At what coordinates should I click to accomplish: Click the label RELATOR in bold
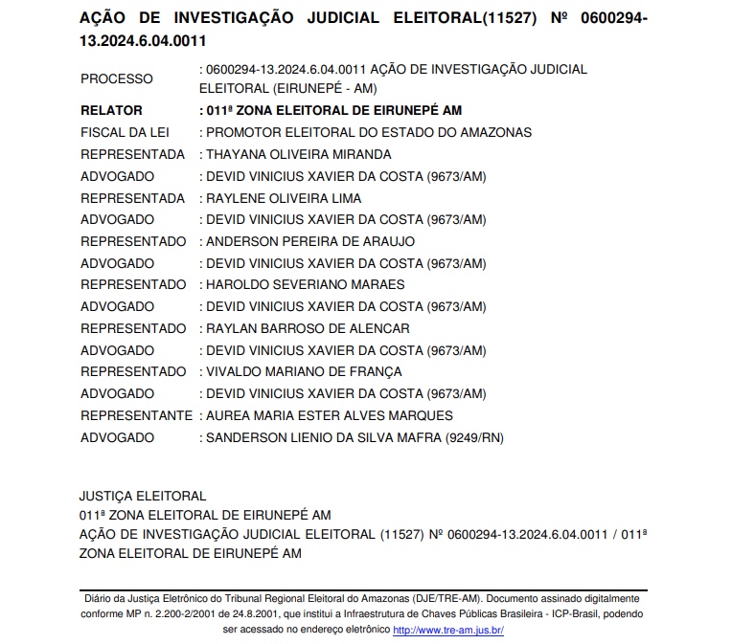[x=111, y=110]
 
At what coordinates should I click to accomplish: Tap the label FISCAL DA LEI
[x=125, y=132]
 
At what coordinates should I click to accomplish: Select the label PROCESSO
[x=116, y=78]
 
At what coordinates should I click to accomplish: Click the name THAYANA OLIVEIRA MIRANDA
[x=299, y=154]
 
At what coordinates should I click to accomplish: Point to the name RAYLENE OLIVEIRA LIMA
[x=284, y=198]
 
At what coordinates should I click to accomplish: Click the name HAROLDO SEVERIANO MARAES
[x=305, y=284]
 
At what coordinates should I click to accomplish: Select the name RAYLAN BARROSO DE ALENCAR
[x=308, y=328]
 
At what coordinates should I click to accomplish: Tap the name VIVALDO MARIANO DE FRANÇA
[x=304, y=371]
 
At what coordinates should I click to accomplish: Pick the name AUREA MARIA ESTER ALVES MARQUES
[x=330, y=415]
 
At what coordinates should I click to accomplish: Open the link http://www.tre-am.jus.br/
[x=448, y=630]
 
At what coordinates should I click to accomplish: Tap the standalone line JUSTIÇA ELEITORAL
[x=143, y=496]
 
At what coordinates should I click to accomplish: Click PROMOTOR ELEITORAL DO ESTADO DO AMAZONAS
[x=369, y=132]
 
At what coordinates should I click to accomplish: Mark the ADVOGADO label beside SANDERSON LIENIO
[x=117, y=437]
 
